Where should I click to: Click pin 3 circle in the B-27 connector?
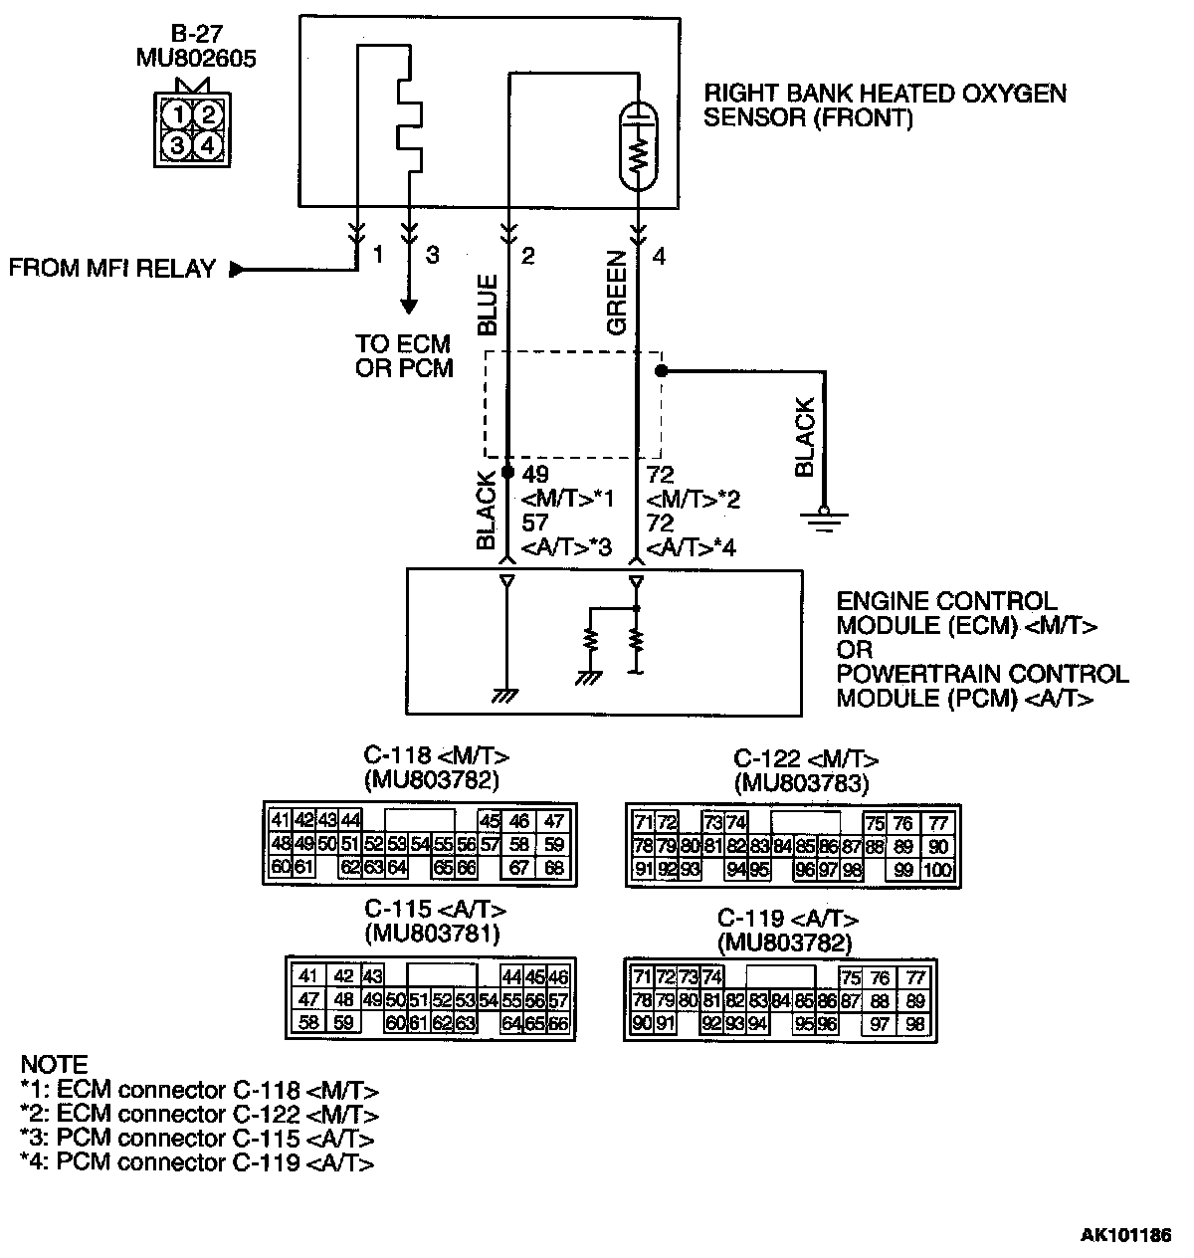tap(177, 145)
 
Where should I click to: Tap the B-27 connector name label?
tap(196, 35)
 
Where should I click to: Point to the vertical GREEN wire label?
tap(617, 294)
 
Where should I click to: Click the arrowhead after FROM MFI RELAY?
tap(236, 269)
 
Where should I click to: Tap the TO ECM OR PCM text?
tap(403, 355)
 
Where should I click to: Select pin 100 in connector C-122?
tap(936, 870)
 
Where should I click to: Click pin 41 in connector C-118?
tap(280, 821)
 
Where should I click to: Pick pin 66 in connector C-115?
tap(558, 1022)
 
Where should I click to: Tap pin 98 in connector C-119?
tap(916, 1024)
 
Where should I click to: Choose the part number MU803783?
tap(801, 783)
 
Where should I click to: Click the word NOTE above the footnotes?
tap(54, 1064)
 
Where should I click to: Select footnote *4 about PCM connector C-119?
tap(197, 1161)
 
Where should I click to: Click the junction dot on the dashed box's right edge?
tap(660, 371)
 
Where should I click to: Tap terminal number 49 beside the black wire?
tap(534, 475)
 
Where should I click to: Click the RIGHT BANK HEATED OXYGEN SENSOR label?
tap(885, 105)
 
